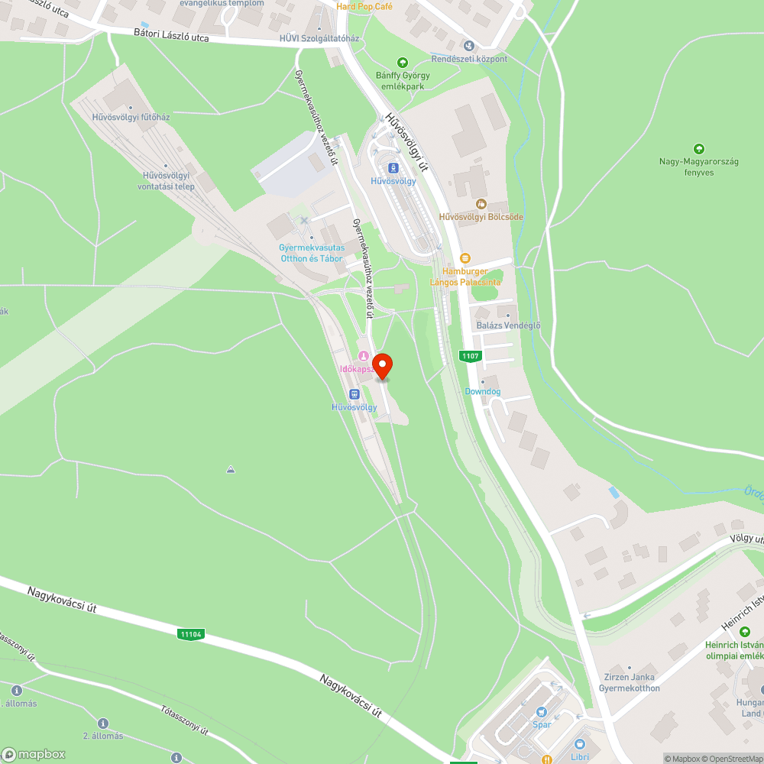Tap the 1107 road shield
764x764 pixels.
tap(470, 356)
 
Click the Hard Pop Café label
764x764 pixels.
tap(364, 5)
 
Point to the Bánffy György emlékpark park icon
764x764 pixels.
tap(403, 63)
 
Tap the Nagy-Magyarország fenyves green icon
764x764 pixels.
tap(698, 148)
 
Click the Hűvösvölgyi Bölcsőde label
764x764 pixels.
tap(481, 217)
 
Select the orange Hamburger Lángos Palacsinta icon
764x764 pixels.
tap(465, 258)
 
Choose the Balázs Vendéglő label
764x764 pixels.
tap(508, 325)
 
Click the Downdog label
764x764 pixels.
tap(483, 391)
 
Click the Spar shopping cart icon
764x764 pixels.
tap(542, 711)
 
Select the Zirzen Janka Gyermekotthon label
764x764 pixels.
tap(629, 683)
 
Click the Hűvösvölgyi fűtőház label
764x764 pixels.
tap(131, 117)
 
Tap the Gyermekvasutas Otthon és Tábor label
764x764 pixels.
tap(311, 253)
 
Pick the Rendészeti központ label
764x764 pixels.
tap(469, 59)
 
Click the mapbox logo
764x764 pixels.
tap(34, 753)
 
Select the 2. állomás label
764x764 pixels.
tap(103, 735)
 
